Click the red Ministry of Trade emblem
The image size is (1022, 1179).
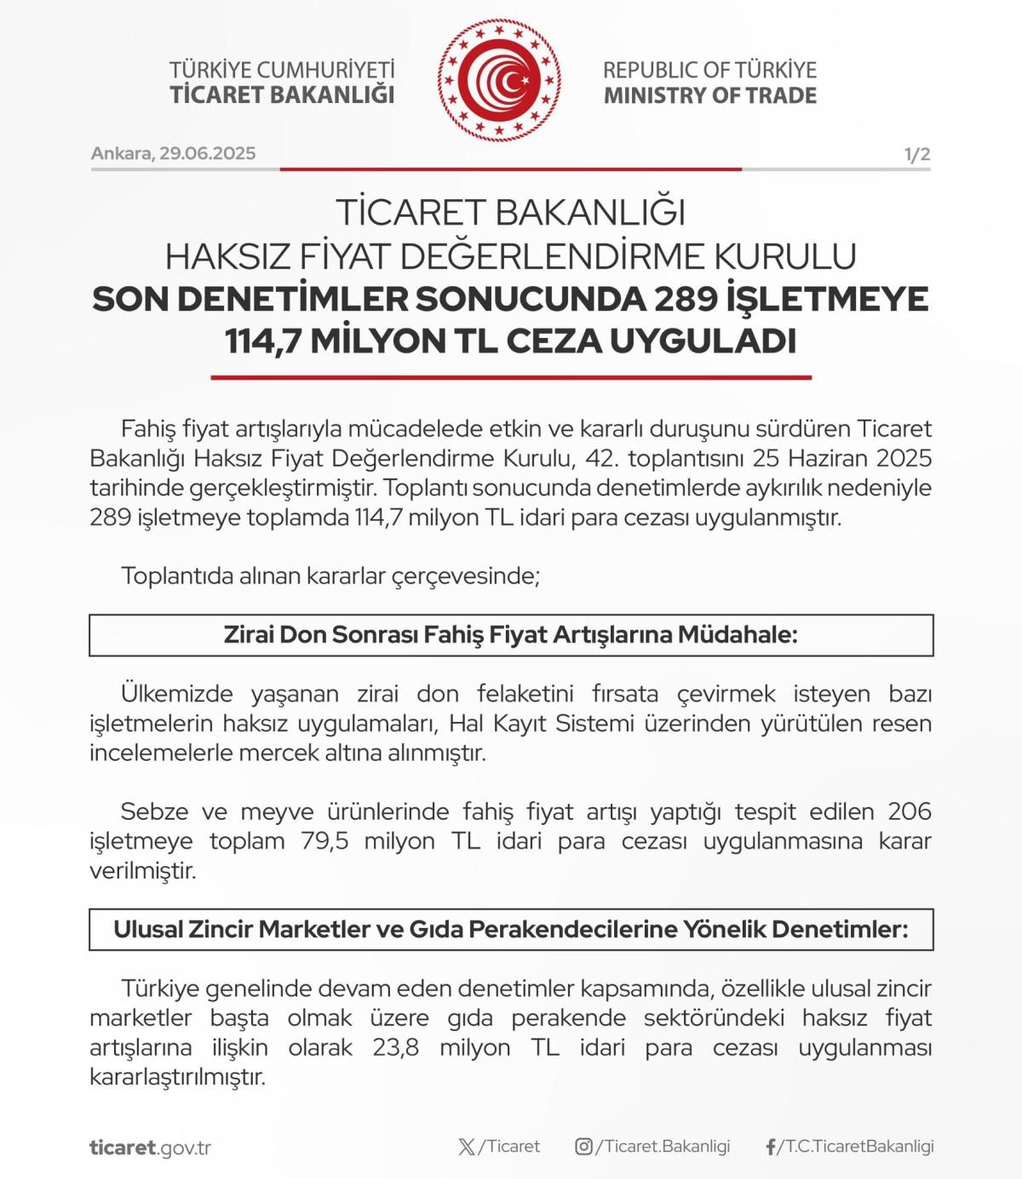(500, 81)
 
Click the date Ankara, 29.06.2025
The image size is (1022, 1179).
(173, 153)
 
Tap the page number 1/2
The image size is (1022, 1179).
(917, 154)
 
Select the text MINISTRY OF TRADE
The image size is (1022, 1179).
(709, 95)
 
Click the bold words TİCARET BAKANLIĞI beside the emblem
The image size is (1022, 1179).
(282, 94)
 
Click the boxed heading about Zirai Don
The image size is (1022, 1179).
(511, 635)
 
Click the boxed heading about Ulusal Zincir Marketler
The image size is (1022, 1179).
(511, 930)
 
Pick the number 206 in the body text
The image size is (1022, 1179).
(910, 811)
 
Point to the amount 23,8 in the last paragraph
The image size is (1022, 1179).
(396, 1047)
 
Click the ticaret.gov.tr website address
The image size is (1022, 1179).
(150, 1148)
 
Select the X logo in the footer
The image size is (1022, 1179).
(467, 1147)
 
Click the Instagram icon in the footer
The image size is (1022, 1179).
(583, 1147)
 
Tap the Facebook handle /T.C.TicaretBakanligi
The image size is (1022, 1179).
(855, 1147)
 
